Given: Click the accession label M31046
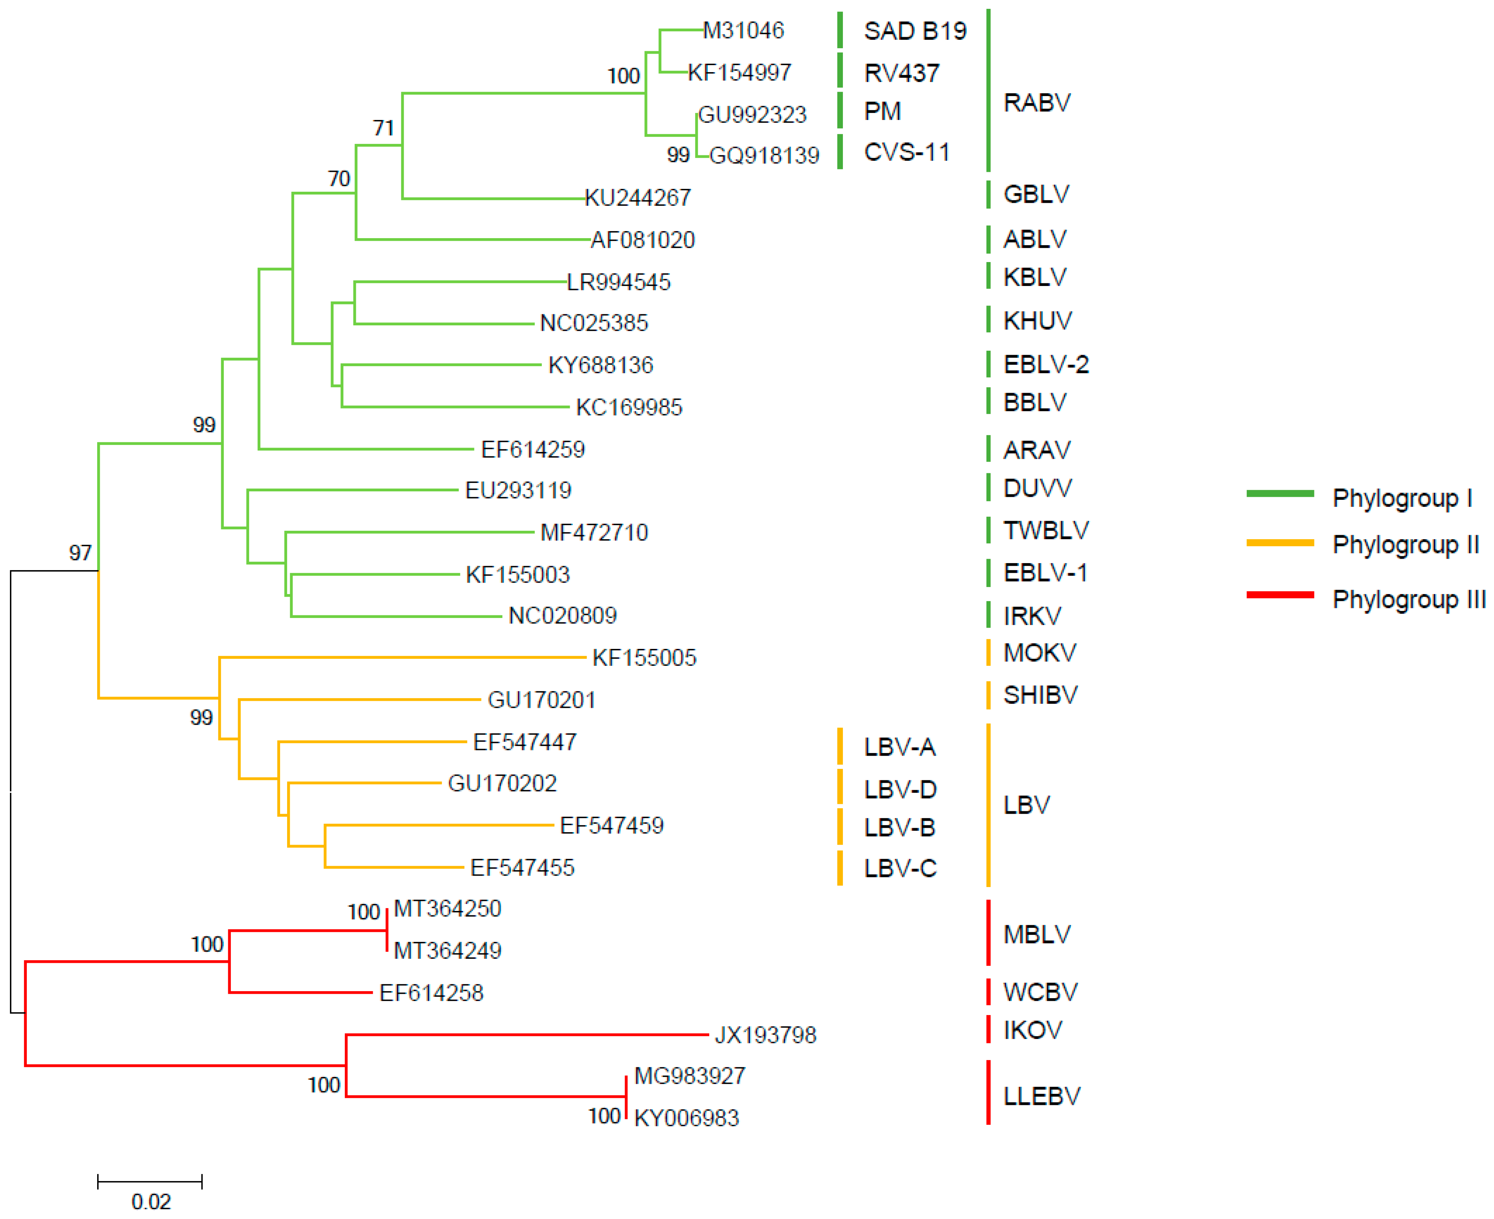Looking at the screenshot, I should [744, 30].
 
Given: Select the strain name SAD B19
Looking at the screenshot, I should [915, 31].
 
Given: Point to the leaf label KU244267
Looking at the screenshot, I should [637, 198].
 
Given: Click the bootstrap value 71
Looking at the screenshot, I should [383, 128].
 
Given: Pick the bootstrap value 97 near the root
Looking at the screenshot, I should [80, 552].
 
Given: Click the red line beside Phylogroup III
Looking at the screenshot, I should [1279, 595].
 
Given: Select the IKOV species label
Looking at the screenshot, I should [1032, 1030].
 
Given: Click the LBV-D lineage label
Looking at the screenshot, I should [900, 789].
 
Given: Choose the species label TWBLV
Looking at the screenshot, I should [1045, 530].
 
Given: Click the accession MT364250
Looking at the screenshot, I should [447, 909].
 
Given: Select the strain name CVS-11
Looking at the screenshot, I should [906, 152].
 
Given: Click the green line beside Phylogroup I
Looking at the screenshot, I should [1279, 494].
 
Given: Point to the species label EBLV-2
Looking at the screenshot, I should [1045, 364].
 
